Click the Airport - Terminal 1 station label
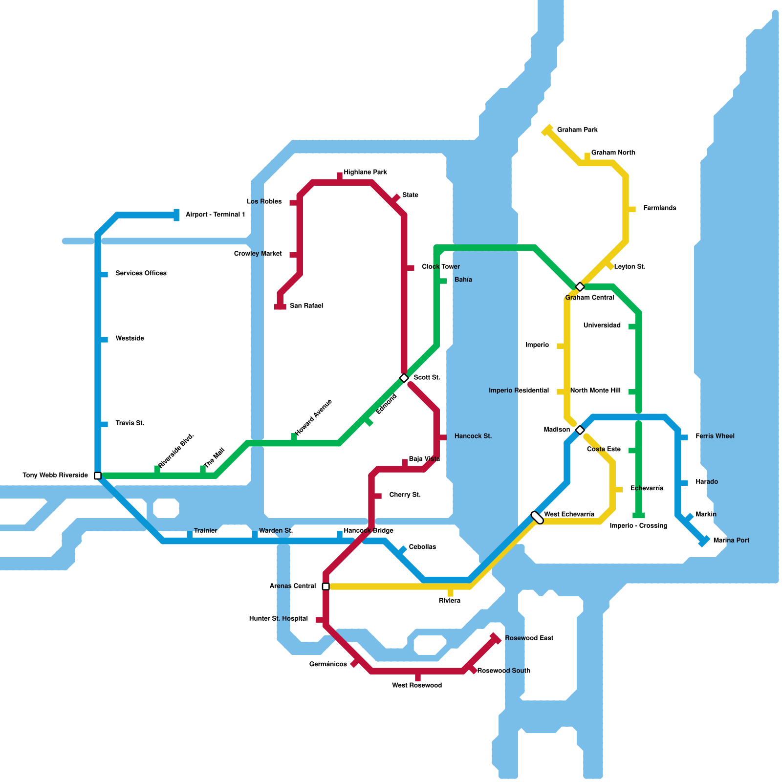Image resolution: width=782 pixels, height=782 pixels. pyautogui.click(x=215, y=215)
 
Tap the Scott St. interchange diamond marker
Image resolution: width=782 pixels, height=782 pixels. pyautogui.click(x=404, y=378)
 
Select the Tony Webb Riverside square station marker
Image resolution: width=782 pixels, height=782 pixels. pyautogui.click(x=98, y=476)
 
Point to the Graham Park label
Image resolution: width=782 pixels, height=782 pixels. pyautogui.click(x=577, y=130)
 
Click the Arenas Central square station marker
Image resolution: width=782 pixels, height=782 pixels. pyautogui.click(x=326, y=586)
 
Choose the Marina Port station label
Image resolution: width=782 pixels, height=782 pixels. pyautogui.click(x=731, y=540)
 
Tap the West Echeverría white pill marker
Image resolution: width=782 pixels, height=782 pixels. pyautogui.click(x=537, y=518)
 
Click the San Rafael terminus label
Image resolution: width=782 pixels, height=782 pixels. pyautogui.click(x=306, y=305)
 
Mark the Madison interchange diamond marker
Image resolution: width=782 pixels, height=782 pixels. pyautogui.click(x=580, y=430)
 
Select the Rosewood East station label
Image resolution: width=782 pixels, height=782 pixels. pyautogui.click(x=529, y=638)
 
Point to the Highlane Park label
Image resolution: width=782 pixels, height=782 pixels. pyautogui.click(x=365, y=172)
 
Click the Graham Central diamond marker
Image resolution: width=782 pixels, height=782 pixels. pyautogui.click(x=580, y=286)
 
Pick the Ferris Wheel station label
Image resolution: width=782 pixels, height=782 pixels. pyautogui.click(x=715, y=436)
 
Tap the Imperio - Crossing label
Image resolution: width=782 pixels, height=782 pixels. pyautogui.click(x=638, y=525)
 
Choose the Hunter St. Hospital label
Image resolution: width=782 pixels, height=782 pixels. pyautogui.click(x=278, y=618)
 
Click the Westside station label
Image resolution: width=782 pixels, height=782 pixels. pyautogui.click(x=130, y=338)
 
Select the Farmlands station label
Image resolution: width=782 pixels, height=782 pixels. pyautogui.click(x=659, y=208)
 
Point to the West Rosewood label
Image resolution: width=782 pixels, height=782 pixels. pyautogui.click(x=416, y=685)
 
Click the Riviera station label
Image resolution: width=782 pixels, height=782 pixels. pyautogui.click(x=449, y=601)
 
